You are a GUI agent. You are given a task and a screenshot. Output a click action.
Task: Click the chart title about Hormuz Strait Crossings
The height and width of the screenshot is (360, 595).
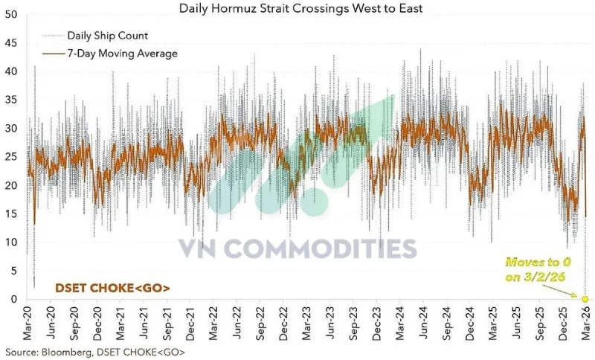(x=300, y=8)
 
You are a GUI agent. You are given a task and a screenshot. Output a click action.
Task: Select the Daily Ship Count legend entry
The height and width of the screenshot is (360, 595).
(x=107, y=35)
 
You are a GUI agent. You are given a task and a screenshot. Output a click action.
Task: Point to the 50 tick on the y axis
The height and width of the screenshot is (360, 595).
(x=11, y=14)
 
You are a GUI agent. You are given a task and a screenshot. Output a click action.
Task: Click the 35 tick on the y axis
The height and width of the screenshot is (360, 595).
(x=11, y=100)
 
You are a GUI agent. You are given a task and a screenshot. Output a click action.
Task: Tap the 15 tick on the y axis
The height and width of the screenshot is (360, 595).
(x=11, y=213)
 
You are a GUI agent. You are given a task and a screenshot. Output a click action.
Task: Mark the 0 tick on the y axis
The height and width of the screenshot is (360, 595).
(x=14, y=299)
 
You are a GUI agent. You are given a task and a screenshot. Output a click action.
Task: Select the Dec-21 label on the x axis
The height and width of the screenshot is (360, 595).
(x=192, y=324)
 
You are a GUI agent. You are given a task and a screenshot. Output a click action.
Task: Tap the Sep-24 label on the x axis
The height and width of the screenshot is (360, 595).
(x=446, y=324)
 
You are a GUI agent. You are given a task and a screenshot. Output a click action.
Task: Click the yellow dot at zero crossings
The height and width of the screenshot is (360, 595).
(x=585, y=298)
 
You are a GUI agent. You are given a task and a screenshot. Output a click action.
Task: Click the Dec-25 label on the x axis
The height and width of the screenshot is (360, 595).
(x=561, y=324)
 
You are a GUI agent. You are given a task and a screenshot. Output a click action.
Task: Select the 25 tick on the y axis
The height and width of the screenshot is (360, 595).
(x=11, y=157)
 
